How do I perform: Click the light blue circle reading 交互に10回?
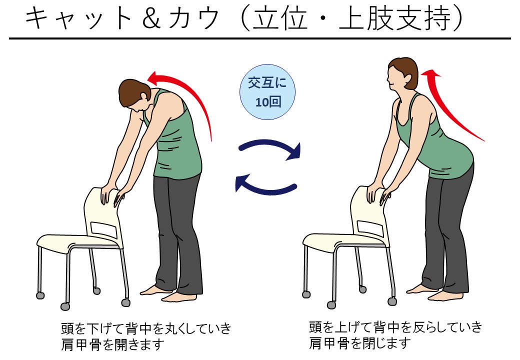pyautogui.click(x=267, y=92)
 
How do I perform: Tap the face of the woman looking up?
pyautogui.click(x=395, y=78)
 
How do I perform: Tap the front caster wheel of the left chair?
pyautogui.click(x=65, y=306)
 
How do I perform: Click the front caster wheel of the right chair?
pyautogui.click(x=331, y=304)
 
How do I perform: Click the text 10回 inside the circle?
pyautogui.click(x=267, y=102)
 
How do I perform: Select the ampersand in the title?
pyautogui.click(x=150, y=19)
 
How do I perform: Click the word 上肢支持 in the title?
pyautogui.click(x=395, y=19)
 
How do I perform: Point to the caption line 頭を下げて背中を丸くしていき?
pyautogui.click(x=146, y=328)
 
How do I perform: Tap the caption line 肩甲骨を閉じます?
pyautogui.click(x=360, y=343)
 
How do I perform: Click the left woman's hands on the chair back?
pyautogui.click(x=112, y=195)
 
